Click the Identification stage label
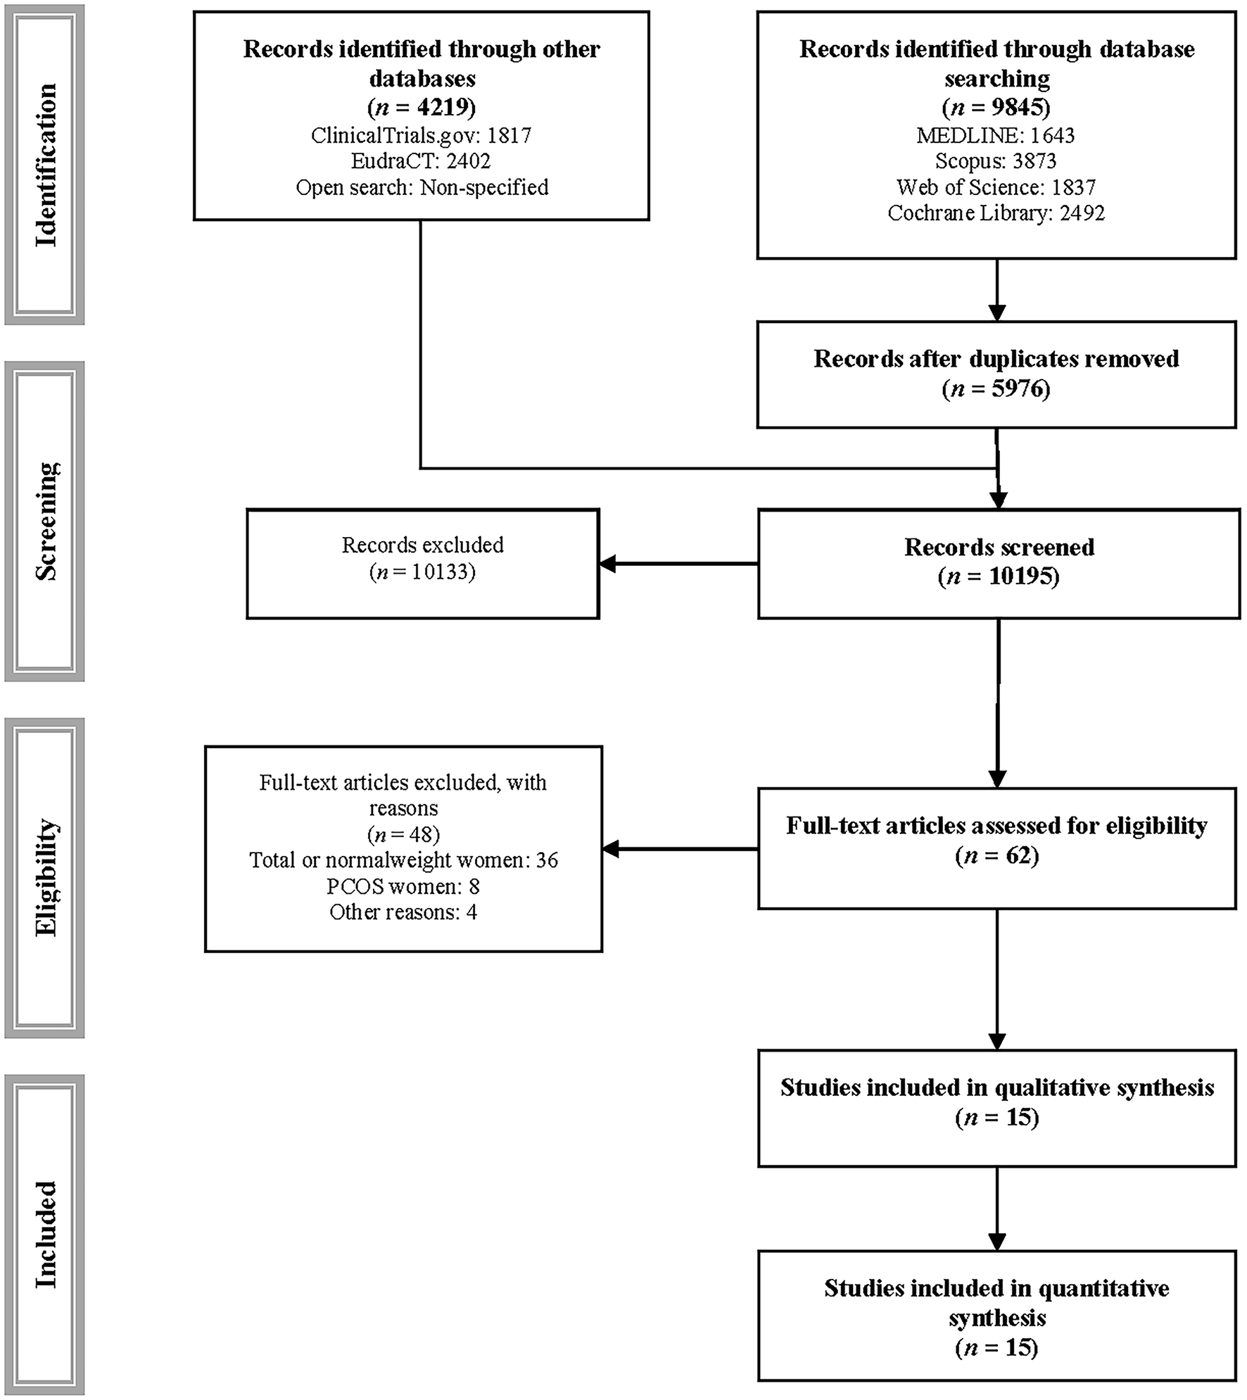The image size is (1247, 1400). point(45,165)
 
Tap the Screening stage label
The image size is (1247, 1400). point(45,521)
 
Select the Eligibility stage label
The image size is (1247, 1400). point(45,877)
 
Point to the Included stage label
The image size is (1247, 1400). point(45,1235)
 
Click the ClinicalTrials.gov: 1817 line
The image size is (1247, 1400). point(421,135)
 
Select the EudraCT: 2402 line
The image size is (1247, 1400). point(421,161)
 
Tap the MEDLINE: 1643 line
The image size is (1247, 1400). point(995,135)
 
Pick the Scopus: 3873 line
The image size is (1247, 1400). point(995,161)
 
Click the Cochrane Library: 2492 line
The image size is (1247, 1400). point(995,213)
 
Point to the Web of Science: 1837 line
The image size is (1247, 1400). point(995,187)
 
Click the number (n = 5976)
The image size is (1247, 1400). point(995,389)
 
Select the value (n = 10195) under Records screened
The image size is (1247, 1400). point(998,576)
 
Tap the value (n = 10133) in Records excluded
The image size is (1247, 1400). point(422,572)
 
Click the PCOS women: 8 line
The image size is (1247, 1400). point(403,886)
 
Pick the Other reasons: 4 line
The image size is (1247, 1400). point(403,912)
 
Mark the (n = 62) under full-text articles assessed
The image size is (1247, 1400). point(996,855)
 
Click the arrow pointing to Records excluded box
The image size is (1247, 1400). point(676,564)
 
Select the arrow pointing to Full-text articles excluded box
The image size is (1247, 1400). point(678,850)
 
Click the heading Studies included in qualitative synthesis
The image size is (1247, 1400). point(996,1087)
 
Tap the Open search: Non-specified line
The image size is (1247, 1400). point(421,187)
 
